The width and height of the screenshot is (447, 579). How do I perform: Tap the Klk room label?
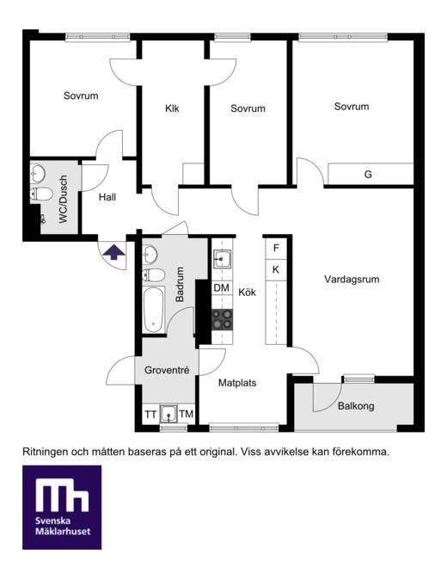pyautogui.click(x=172, y=108)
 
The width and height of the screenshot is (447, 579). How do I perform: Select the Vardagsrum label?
pyautogui.click(x=352, y=279)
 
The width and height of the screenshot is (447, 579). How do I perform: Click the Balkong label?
pyautogui.click(x=356, y=406)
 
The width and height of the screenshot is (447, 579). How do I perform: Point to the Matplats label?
pyautogui.click(x=237, y=383)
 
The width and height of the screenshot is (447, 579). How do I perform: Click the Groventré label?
pyautogui.click(x=167, y=370)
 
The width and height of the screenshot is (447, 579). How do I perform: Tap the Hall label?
pyautogui.click(x=107, y=197)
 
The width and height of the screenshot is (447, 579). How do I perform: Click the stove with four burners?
pyautogui.click(x=222, y=319)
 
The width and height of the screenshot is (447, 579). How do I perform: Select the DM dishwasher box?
pyautogui.click(x=222, y=288)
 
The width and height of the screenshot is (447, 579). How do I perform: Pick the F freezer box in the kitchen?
pyautogui.click(x=276, y=248)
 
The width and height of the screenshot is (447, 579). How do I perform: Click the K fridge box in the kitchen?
pyautogui.click(x=276, y=270)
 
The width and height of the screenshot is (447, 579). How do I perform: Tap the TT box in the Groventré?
pyautogui.click(x=150, y=415)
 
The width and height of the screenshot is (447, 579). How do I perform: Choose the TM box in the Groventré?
pyautogui.click(x=187, y=414)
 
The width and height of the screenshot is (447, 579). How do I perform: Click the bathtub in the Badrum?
pyautogui.click(x=153, y=310)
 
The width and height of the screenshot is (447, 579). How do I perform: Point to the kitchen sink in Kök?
pyautogui.click(x=222, y=259)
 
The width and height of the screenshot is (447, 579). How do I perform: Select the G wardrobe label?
pyautogui.click(x=368, y=175)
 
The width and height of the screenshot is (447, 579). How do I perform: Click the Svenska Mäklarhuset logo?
pyautogui.click(x=62, y=508)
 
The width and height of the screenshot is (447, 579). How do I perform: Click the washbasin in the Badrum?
pyautogui.click(x=150, y=255)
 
